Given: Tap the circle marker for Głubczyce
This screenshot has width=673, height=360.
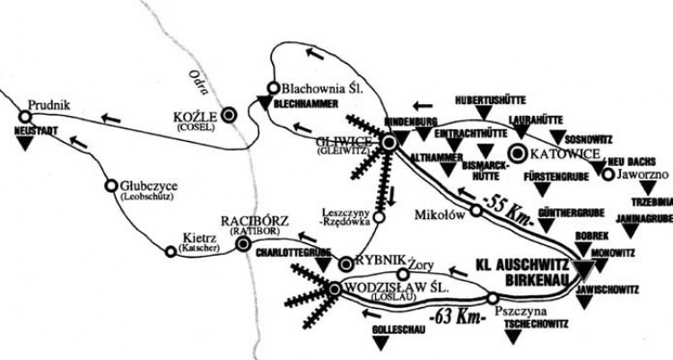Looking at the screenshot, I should pos(110,186).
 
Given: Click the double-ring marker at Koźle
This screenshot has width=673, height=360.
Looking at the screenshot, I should pos(230,114).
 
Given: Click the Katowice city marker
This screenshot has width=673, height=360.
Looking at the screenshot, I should pos(519,154).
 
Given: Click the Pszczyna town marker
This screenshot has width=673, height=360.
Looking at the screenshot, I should pos(493,298).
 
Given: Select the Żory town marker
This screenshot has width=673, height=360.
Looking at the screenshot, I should pos(403,274).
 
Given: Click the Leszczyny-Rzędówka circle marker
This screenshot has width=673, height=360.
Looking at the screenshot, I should pos(379,216).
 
